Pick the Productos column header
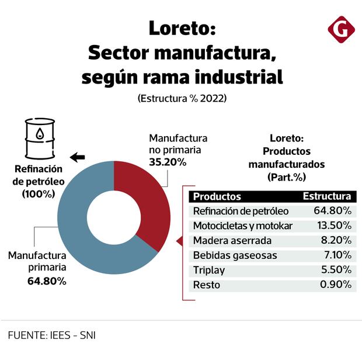217,196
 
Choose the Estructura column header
327,196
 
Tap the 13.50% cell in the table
333,226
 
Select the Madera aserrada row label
232,240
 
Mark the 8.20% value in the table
336,240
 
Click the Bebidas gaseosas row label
235,255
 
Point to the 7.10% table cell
336,255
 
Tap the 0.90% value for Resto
336,285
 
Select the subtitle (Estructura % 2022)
182,99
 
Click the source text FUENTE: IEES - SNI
52,335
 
